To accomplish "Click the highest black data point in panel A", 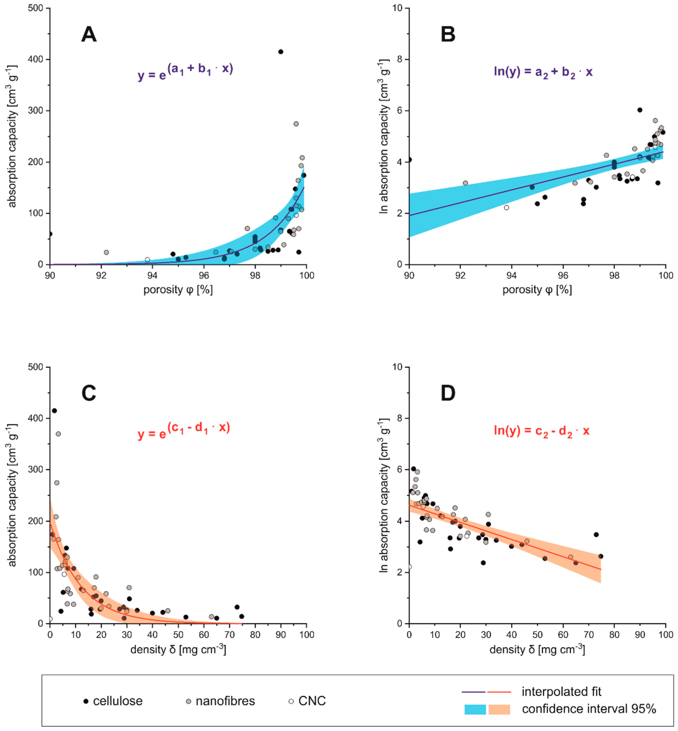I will coord(281,52).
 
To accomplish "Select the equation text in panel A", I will coord(185,72).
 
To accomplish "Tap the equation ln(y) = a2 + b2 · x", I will coord(543,72).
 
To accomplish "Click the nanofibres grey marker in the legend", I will coord(188,701).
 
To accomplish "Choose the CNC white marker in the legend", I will coord(291,701).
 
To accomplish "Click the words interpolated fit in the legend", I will coord(561,692).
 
